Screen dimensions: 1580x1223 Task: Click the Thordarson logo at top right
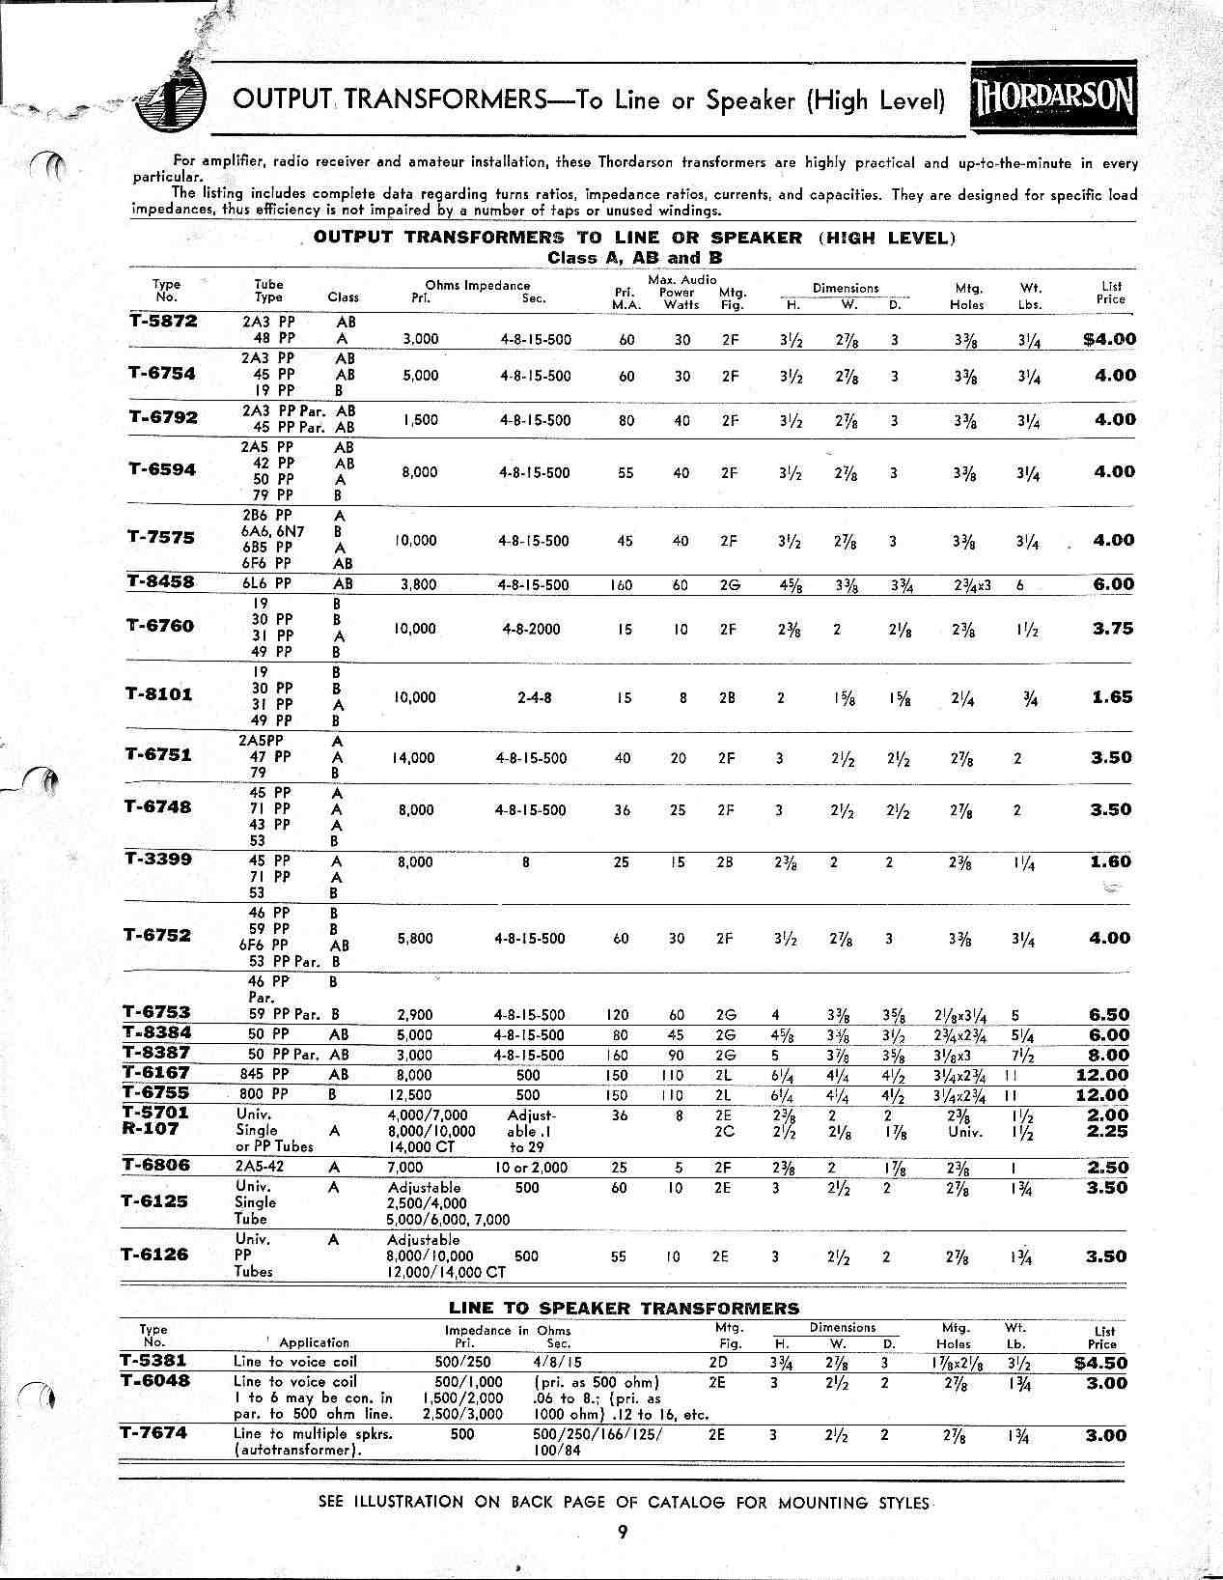[1053, 99]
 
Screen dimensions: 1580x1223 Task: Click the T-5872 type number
[162, 322]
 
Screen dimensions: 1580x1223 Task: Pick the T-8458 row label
[160, 581]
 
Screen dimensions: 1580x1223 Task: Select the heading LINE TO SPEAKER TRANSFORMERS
[624, 1309]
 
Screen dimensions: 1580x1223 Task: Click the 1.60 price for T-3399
[1111, 861]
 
